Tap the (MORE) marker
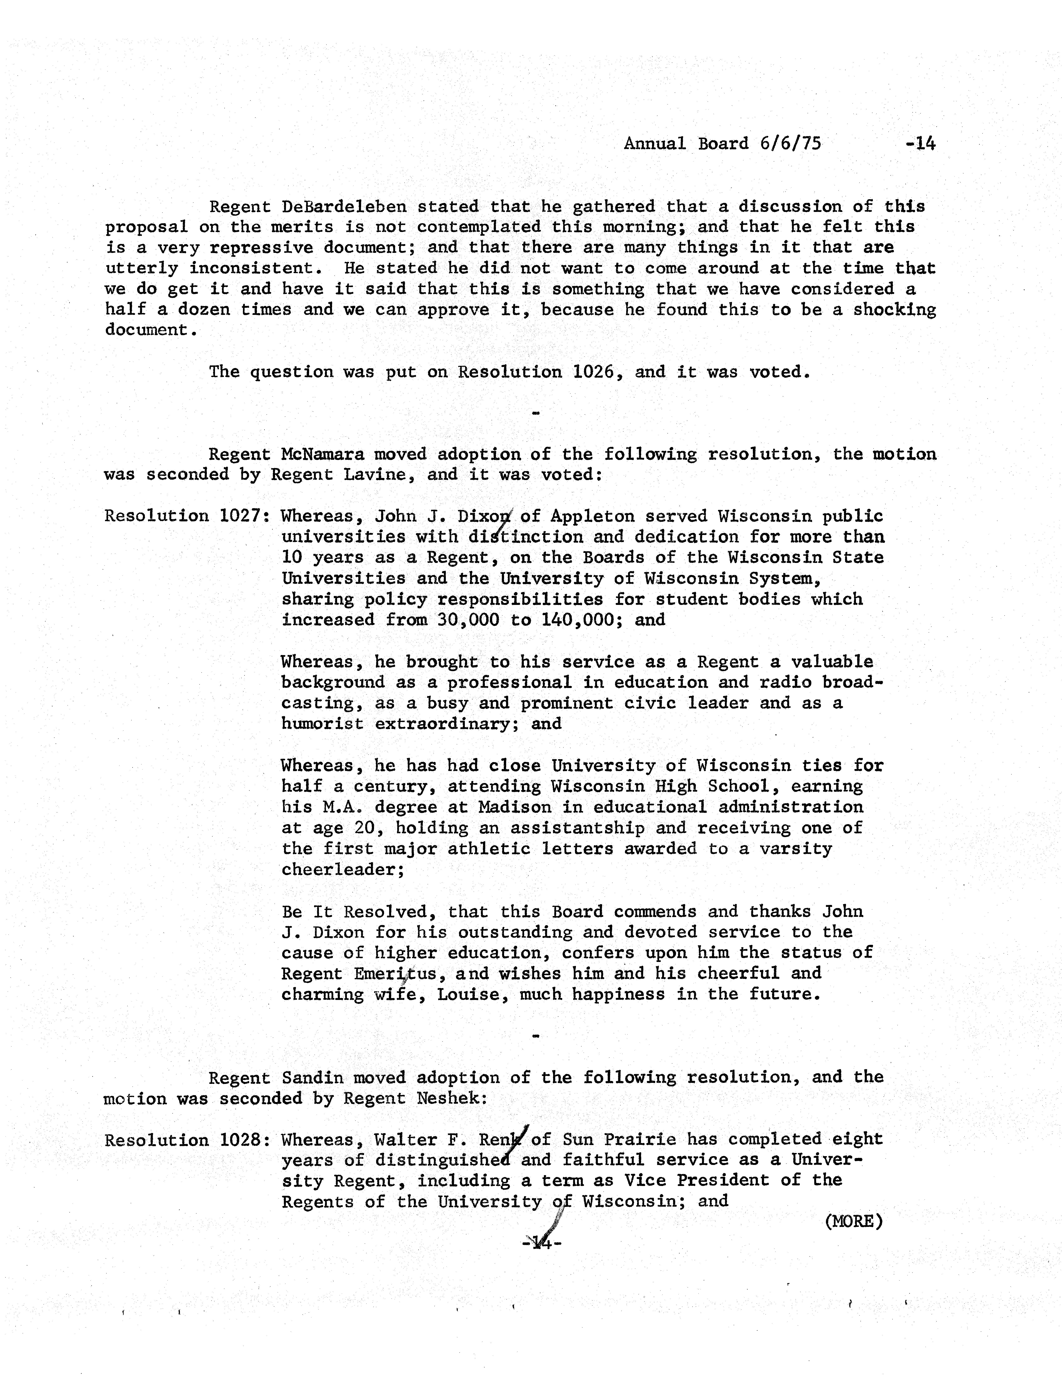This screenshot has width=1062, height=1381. pyautogui.click(x=853, y=1221)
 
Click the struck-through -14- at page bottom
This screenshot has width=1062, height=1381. pyautogui.click(x=542, y=1243)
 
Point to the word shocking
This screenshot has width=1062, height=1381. pyautogui.click(x=894, y=310)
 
